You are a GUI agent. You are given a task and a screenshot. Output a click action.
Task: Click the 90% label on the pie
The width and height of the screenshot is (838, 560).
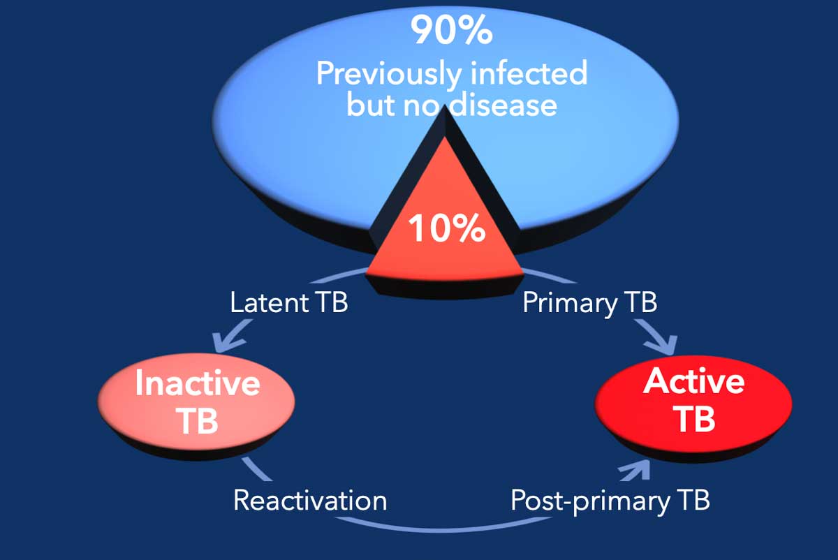(x=453, y=30)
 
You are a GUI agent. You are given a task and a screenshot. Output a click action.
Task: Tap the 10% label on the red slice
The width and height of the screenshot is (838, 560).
(x=447, y=229)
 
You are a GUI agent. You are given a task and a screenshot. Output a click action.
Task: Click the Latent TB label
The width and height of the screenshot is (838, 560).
(x=289, y=304)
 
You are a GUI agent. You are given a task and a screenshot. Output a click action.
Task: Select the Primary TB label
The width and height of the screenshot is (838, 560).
(x=590, y=304)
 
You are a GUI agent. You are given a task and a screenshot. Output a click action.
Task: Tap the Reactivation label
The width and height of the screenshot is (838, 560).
(x=310, y=501)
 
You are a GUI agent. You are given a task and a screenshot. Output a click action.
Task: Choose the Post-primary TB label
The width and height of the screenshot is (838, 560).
(x=610, y=501)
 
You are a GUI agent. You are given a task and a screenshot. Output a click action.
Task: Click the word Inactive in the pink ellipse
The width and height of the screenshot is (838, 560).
(x=198, y=384)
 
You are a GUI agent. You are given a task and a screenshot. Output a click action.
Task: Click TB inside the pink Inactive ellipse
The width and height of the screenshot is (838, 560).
(x=198, y=421)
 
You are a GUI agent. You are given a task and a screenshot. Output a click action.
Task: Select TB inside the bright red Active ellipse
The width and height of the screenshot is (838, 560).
(x=694, y=419)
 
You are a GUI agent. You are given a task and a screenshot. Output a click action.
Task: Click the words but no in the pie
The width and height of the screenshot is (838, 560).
(x=392, y=105)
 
